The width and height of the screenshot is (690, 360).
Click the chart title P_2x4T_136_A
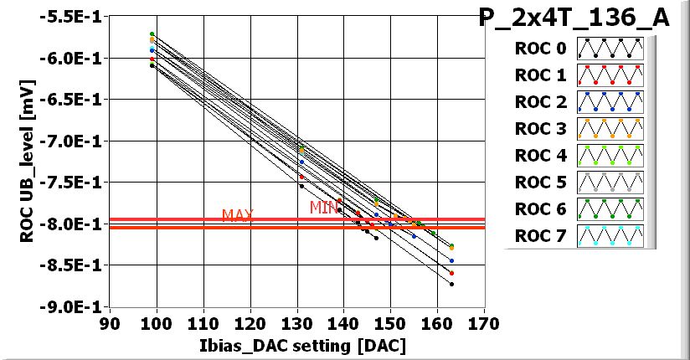pyautogui.click(x=574, y=18)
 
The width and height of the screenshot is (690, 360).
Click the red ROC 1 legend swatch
pyautogui.click(x=610, y=75)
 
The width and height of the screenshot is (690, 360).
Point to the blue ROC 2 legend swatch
pyautogui.click(x=610, y=102)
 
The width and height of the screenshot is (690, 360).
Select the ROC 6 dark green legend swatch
pyautogui.click(x=610, y=209)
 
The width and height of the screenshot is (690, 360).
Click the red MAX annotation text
pyautogui.click(x=238, y=215)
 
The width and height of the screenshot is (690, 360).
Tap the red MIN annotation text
pyautogui.click(x=324, y=207)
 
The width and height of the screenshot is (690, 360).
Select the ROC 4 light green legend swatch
pyautogui.click(x=610, y=156)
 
